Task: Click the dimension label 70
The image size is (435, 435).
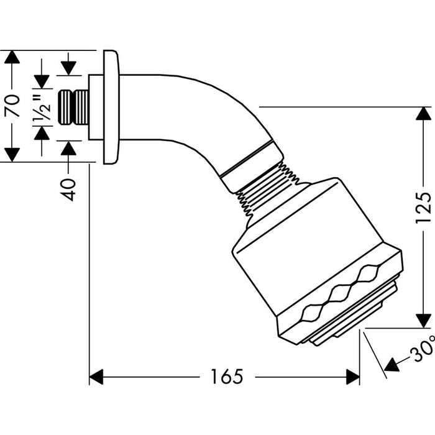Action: [13, 106]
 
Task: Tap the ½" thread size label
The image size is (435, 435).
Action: [42, 108]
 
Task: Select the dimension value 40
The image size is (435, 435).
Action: [68, 190]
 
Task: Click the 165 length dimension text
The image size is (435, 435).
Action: [227, 377]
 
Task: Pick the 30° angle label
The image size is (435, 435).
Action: [423, 349]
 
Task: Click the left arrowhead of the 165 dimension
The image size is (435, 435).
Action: [96, 377]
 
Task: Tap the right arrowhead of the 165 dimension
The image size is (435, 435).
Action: [353, 377]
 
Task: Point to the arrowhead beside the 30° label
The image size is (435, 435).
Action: [391, 365]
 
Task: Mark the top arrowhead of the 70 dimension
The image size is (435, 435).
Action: [12, 57]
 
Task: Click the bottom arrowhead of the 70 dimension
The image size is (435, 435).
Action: [12, 155]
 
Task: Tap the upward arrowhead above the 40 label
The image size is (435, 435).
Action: [68, 148]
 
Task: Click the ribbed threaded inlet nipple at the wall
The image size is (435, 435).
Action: [73, 107]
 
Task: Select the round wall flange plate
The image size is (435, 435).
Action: [111, 107]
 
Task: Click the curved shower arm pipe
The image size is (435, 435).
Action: [199, 111]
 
